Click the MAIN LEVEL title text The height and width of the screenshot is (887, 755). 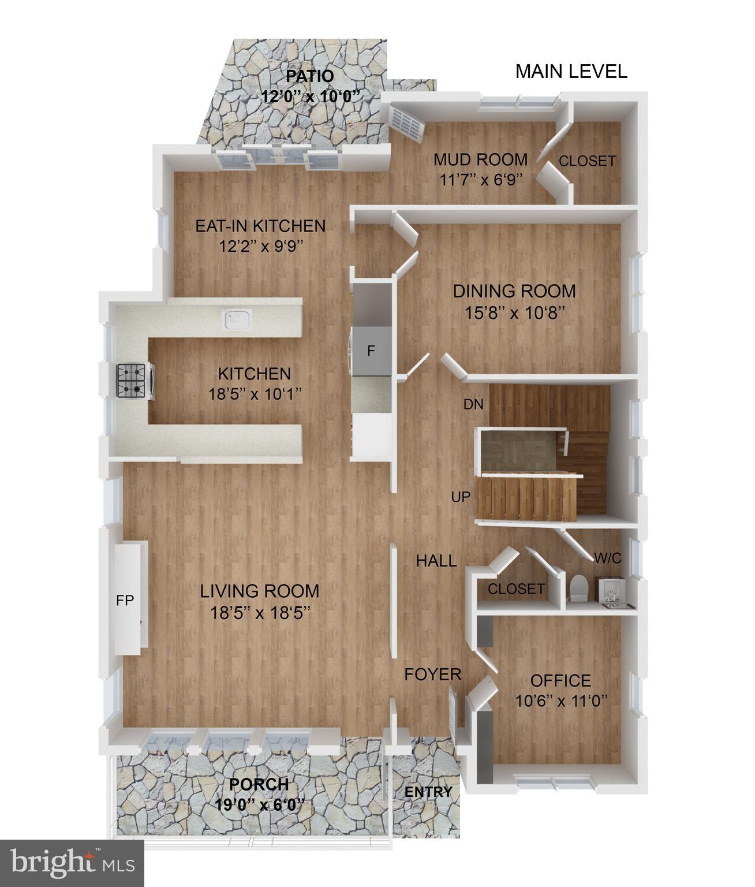tap(571, 72)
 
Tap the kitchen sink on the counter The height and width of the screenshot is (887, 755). tap(237, 319)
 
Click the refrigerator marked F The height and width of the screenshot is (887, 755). tap(372, 351)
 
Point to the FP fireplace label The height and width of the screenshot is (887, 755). tap(125, 601)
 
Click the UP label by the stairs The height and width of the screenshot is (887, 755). tap(461, 497)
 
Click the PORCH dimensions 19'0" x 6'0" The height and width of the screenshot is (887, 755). tap(259, 803)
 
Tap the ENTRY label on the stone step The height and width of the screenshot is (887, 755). tap(428, 792)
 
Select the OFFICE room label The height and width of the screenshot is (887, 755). tap(560, 680)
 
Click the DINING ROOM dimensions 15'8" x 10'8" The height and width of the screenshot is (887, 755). tap(514, 312)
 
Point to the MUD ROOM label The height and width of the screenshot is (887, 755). tap(481, 159)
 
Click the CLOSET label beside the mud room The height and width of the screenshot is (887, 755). tap(587, 161)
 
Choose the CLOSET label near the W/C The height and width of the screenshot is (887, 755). tap(516, 589)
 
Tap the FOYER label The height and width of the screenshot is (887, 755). tap(432, 674)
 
